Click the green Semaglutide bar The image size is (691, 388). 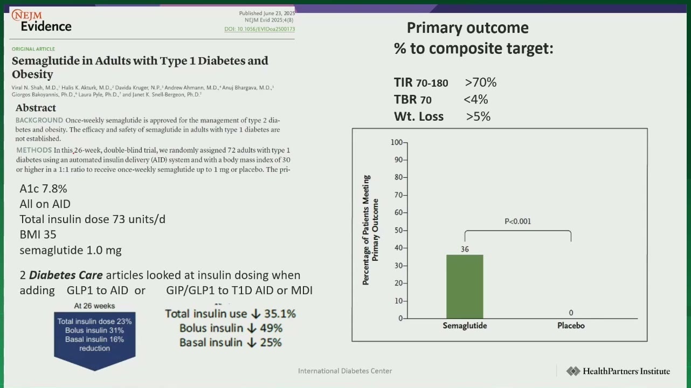pyautogui.click(x=465, y=287)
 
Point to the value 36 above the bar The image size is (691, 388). pyautogui.click(x=465, y=249)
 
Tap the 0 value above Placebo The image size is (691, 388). pyautogui.click(x=571, y=313)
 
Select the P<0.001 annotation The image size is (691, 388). pyautogui.click(x=517, y=221)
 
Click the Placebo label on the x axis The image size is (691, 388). pyautogui.click(x=571, y=325)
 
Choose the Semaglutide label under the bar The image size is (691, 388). pyautogui.click(x=465, y=325)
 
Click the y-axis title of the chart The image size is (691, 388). pyautogui.click(x=370, y=230)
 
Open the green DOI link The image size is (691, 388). pyautogui.click(x=259, y=29)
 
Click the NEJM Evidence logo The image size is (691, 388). pyautogui.click(x=42, y=20)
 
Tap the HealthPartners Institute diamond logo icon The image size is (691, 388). pyautogui.click(x=573, y=371)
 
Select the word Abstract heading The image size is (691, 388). pyautogui.click(x=36, y=108)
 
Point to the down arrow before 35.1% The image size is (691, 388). pyautogui.click(x=255, y=314)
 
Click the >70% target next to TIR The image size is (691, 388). pyautogui.click(x=481, y=82)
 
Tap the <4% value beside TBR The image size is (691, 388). pyautogui.click(x=475, y=99)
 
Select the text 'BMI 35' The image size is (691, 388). pyautogui.click(x=38, y=235)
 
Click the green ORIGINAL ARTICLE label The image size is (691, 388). pyautogui.click(x=33, y=49)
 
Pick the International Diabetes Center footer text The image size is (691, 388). pyautogui.click(x=345, y=371)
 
